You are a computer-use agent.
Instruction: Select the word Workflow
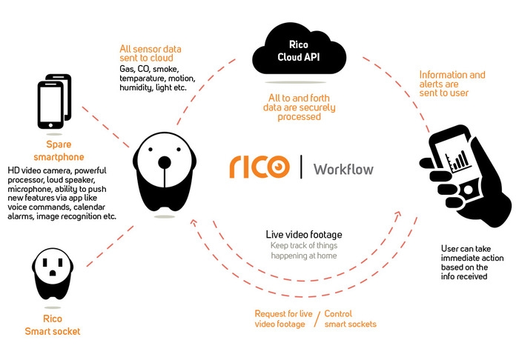343,168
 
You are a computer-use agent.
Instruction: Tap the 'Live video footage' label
303,235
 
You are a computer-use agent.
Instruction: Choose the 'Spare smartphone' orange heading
58,150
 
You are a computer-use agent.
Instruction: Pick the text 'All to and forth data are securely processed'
294,107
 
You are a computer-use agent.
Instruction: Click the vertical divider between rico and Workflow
301,167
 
